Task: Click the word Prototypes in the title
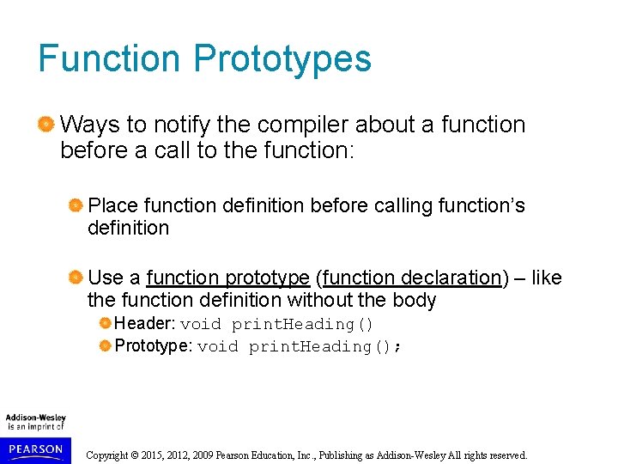282,59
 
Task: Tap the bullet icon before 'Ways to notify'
46,125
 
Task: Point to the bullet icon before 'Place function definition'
76,206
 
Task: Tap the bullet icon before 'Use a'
76,278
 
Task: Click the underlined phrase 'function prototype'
227,278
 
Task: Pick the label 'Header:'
145,324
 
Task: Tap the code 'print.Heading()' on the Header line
303,325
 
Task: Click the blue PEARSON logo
36,449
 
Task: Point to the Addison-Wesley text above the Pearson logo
36,418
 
